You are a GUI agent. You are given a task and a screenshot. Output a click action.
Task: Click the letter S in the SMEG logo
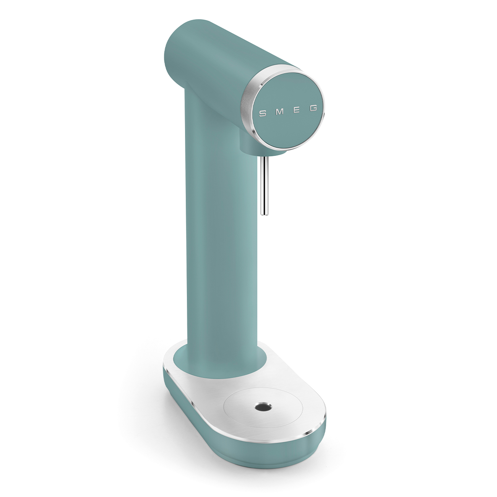263,113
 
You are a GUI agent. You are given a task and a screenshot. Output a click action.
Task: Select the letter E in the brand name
296,111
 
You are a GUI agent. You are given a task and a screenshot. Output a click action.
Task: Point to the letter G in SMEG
313,109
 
